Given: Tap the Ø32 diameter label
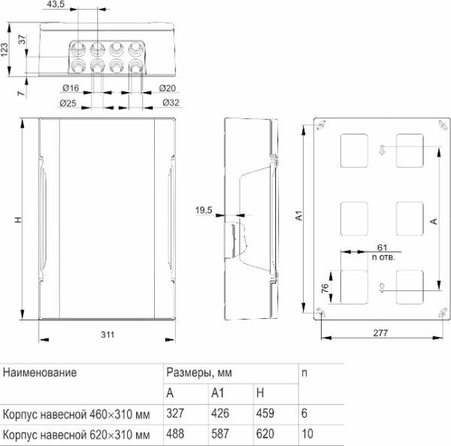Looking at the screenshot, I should (169, 102).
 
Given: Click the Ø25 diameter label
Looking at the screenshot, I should (70, 102).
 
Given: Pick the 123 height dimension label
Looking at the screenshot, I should (6, 49).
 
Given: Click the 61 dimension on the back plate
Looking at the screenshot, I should (382, 247).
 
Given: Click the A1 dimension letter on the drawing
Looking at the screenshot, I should (298, 217).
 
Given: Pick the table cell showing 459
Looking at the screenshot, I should (265, 414).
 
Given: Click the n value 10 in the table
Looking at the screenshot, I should (308, 435).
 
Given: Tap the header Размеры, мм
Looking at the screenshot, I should (195, 372).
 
